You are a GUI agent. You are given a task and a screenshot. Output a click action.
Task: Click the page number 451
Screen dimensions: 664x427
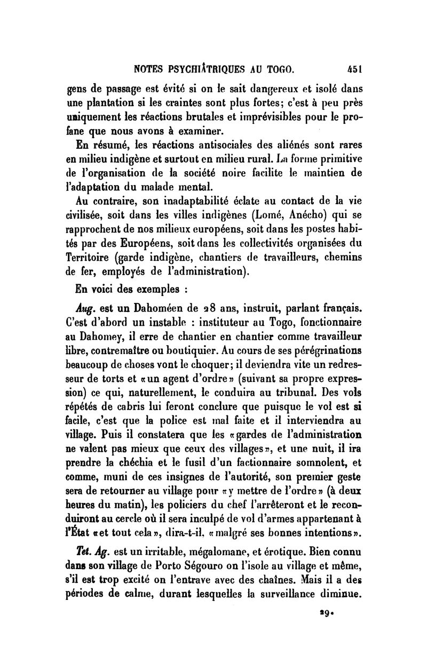[354, 69]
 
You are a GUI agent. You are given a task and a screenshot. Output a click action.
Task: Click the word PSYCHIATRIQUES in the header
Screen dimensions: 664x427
[212, 69]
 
